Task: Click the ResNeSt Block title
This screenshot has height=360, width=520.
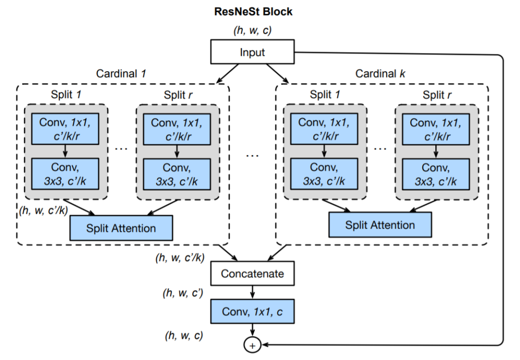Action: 253,12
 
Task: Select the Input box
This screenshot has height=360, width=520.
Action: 252,52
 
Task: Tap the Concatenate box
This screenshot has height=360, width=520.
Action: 252,274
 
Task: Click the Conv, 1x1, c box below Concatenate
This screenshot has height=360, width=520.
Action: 252,311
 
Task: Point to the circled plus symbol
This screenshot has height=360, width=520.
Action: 253,345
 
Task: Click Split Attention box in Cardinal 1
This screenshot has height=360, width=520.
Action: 121,228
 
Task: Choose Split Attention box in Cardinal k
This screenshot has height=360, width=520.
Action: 380,225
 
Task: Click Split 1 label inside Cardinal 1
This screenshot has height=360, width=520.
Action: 66,94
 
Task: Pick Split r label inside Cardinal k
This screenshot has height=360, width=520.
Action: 437,94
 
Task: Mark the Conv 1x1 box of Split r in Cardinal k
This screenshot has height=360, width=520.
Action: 437,129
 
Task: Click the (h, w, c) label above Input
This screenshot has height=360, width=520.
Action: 252,31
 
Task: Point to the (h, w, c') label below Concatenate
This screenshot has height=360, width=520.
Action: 184,293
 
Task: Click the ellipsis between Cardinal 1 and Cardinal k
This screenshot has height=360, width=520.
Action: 252,155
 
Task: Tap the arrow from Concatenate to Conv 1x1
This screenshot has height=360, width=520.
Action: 252,293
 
